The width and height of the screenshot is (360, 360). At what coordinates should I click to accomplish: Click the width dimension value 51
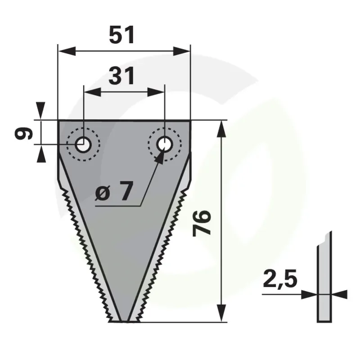pos(122,35)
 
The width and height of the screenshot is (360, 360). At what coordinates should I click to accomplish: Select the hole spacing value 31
pos(121,76)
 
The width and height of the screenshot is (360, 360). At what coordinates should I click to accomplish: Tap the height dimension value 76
pos(202,223)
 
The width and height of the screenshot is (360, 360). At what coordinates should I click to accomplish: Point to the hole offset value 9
pos(24,134)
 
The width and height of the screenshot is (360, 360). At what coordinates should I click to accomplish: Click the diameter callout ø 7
pos(114,191)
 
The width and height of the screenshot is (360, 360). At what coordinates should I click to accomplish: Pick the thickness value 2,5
pos(280,279)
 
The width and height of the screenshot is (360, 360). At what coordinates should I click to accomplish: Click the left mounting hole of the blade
pos(83,144)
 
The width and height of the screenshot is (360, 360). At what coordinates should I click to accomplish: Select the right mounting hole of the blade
pos(165,144)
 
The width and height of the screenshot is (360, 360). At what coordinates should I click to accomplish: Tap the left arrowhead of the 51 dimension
pos(67,51)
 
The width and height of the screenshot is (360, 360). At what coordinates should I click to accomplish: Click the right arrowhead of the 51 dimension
pos(182,51)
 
